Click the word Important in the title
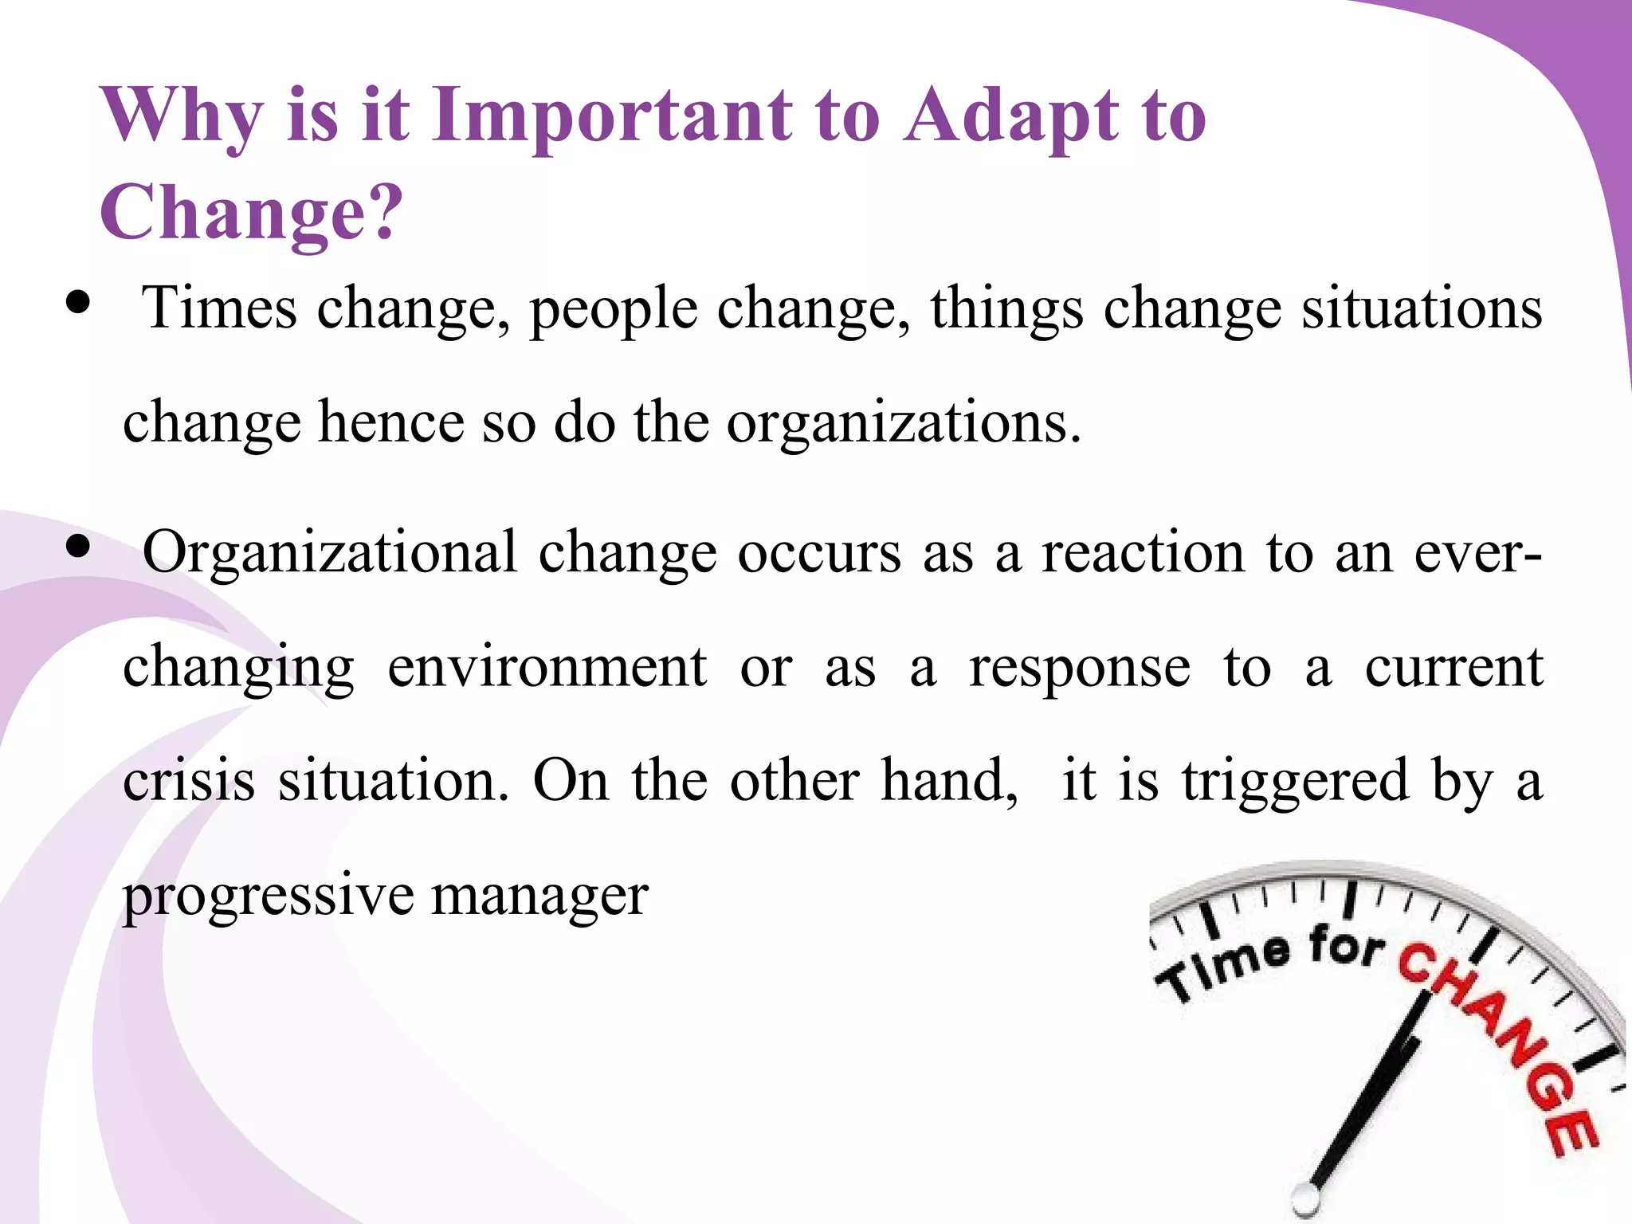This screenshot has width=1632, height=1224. (611, 116)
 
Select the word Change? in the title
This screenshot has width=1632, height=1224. (252, 212)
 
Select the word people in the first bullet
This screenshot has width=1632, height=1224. (614, 309)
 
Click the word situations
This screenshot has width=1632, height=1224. (1422, 308)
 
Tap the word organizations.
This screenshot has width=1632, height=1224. (903, 422)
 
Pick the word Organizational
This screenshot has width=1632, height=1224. (330, 551)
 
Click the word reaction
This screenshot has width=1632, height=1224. (1143, 551)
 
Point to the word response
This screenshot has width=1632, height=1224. (1079, 668)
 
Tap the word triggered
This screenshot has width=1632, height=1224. (1296, 781)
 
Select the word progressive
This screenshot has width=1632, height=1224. (268, 896)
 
